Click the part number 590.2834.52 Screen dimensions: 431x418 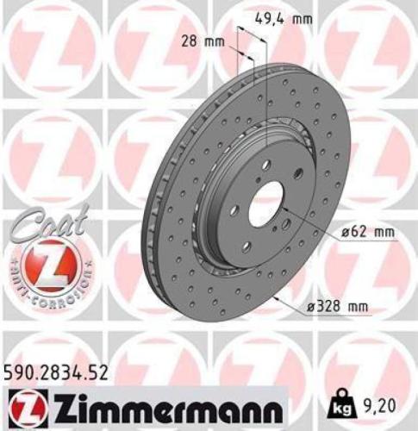coord(59,372)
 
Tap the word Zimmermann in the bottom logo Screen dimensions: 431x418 coord(157,405)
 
